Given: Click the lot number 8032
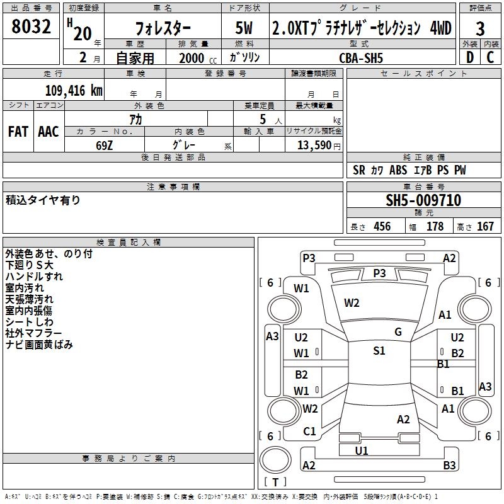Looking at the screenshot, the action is coord(31,26).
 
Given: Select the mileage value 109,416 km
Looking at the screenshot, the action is coord(74,91).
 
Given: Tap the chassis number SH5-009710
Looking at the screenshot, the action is coord(423,200).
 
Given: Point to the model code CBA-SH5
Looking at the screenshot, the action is coord(361,58).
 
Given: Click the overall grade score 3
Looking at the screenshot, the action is coord(480,29).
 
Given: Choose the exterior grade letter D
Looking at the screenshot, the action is coord(470,57).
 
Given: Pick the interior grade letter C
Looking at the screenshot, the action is coord(490,57).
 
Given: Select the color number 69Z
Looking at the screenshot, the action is coord(104,146).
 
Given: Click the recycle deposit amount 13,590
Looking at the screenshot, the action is coord(314,146).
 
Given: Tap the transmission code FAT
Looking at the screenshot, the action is coord(18,132).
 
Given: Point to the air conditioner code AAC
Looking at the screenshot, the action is coord(49,132).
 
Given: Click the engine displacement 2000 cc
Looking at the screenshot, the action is coord(198,58).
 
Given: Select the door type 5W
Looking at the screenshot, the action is coord(244,28).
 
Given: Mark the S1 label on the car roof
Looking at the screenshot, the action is coord(379,351).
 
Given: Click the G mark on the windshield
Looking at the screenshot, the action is coord(398,332).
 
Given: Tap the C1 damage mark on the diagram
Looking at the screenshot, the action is coord(309,432).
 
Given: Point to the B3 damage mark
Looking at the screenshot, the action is coord(449,465).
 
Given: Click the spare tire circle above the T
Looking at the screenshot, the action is coord(275,460).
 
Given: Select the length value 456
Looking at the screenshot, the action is coord(382,227).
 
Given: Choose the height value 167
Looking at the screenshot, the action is coord(485,227).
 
